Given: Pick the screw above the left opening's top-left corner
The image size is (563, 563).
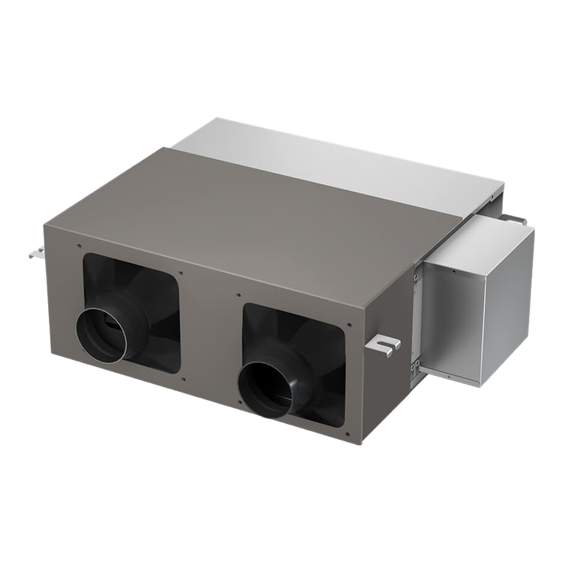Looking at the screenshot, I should point(79,246).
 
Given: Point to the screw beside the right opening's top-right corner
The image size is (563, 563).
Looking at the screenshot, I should point(350,325).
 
